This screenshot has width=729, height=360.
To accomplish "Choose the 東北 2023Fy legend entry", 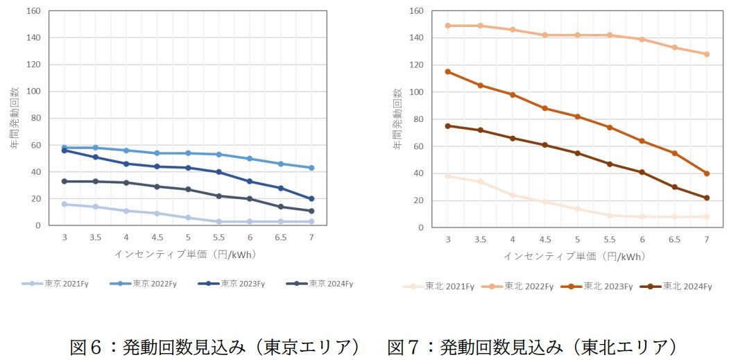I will (x=602, y=286).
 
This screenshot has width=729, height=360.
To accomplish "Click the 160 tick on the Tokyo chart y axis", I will (x=34, y=11).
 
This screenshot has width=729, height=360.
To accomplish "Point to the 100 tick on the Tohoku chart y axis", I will (x=415, y=92).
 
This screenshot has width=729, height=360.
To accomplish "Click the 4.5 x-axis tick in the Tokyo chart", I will (x=157, y=237).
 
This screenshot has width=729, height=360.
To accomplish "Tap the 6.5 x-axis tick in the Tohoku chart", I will (x=674, y=239).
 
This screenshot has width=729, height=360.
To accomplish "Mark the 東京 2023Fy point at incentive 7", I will (x=311, y=198).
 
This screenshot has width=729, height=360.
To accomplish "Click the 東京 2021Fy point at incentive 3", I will (x=64, y=204).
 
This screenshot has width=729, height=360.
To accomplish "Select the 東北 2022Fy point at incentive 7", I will (x=707, y=54).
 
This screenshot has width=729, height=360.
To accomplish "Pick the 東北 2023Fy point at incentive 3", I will (x=447, y=71).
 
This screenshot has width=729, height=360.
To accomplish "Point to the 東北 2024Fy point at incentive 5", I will (x=577, y=153).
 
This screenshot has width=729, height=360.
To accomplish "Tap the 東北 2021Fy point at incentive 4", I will (x=513, y=195).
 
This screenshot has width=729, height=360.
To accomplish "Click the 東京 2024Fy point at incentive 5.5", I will (x=218, y=196).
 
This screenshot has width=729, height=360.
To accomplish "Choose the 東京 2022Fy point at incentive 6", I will (x=250, y=158).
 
